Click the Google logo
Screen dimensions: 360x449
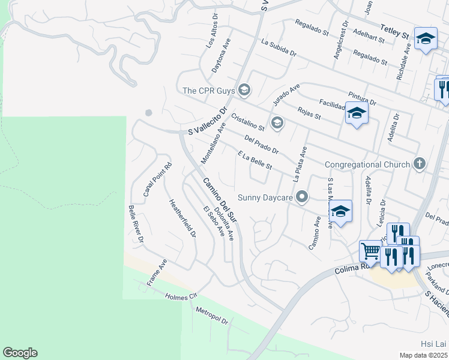(x=20, y=353)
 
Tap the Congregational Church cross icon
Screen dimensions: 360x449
(x=420, y=164)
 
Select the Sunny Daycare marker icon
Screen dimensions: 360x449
(x=303, y=197)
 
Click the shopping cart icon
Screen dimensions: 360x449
(x=370, y=250)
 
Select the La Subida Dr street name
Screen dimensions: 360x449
(x=279, y=47)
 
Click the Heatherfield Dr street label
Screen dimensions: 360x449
(x=182, y=218)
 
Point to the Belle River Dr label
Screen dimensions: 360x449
(x=136, y=223)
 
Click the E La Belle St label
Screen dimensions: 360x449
(x=255, y=160)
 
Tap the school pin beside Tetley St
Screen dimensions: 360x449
(x=426, y=39)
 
